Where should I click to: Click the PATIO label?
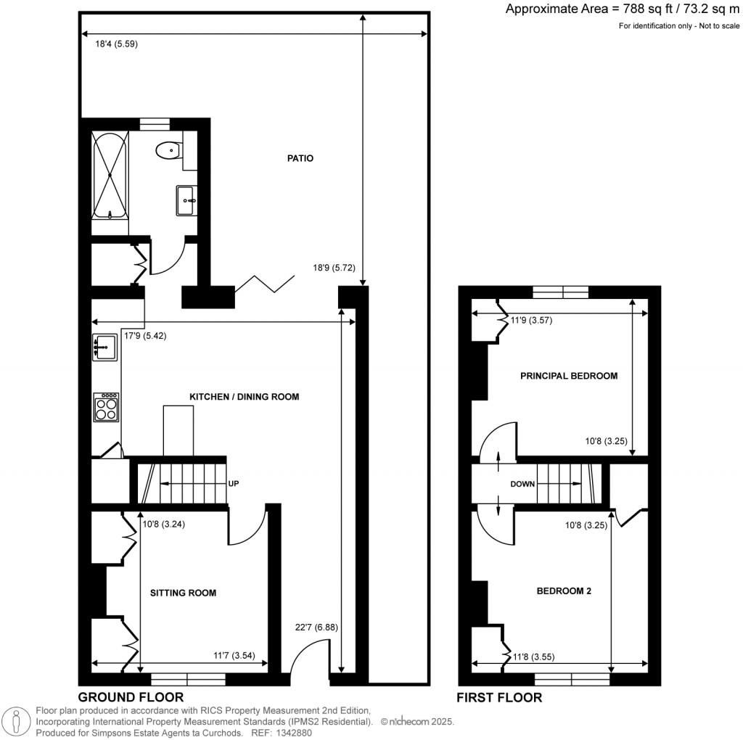(x=300, y=158)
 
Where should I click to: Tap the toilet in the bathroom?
(x=167, y=149)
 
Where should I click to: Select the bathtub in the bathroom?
(x=110, y=176)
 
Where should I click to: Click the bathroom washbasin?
(x=186, y=199)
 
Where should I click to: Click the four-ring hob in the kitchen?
(x=107, y=407)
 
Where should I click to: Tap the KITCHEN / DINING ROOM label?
(x=244, y=397)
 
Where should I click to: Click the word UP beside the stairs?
(x=234, y=483)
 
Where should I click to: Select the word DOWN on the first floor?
(x=522, y=484)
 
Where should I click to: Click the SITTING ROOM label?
(x=183, y=593)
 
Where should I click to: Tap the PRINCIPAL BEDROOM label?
(x=569, y=376)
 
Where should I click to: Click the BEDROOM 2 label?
(x=564, y=591)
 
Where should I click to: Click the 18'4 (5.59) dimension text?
(x=117, y=44)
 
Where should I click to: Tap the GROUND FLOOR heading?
(x=131, y=698)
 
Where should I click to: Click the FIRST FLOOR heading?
(x=499, y=698)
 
